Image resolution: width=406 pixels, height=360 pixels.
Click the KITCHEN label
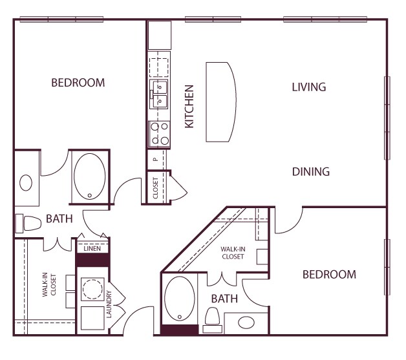coord(190,106)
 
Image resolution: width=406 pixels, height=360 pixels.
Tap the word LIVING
coord(308,87)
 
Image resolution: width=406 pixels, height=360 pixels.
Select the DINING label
coord(311,172)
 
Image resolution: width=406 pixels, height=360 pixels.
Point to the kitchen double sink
coord(159,92)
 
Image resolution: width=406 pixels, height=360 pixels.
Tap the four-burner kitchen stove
coord(159,134)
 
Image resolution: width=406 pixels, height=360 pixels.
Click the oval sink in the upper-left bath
coord(26,183)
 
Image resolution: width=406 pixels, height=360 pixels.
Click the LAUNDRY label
coord(110,306)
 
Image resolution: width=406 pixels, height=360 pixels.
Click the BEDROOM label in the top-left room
coord(78,83)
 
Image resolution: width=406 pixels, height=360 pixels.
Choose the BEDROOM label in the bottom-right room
coord(329,275)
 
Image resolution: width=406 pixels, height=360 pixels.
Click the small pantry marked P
coord(155,158)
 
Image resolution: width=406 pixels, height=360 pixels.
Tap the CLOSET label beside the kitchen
coord(156,188)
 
